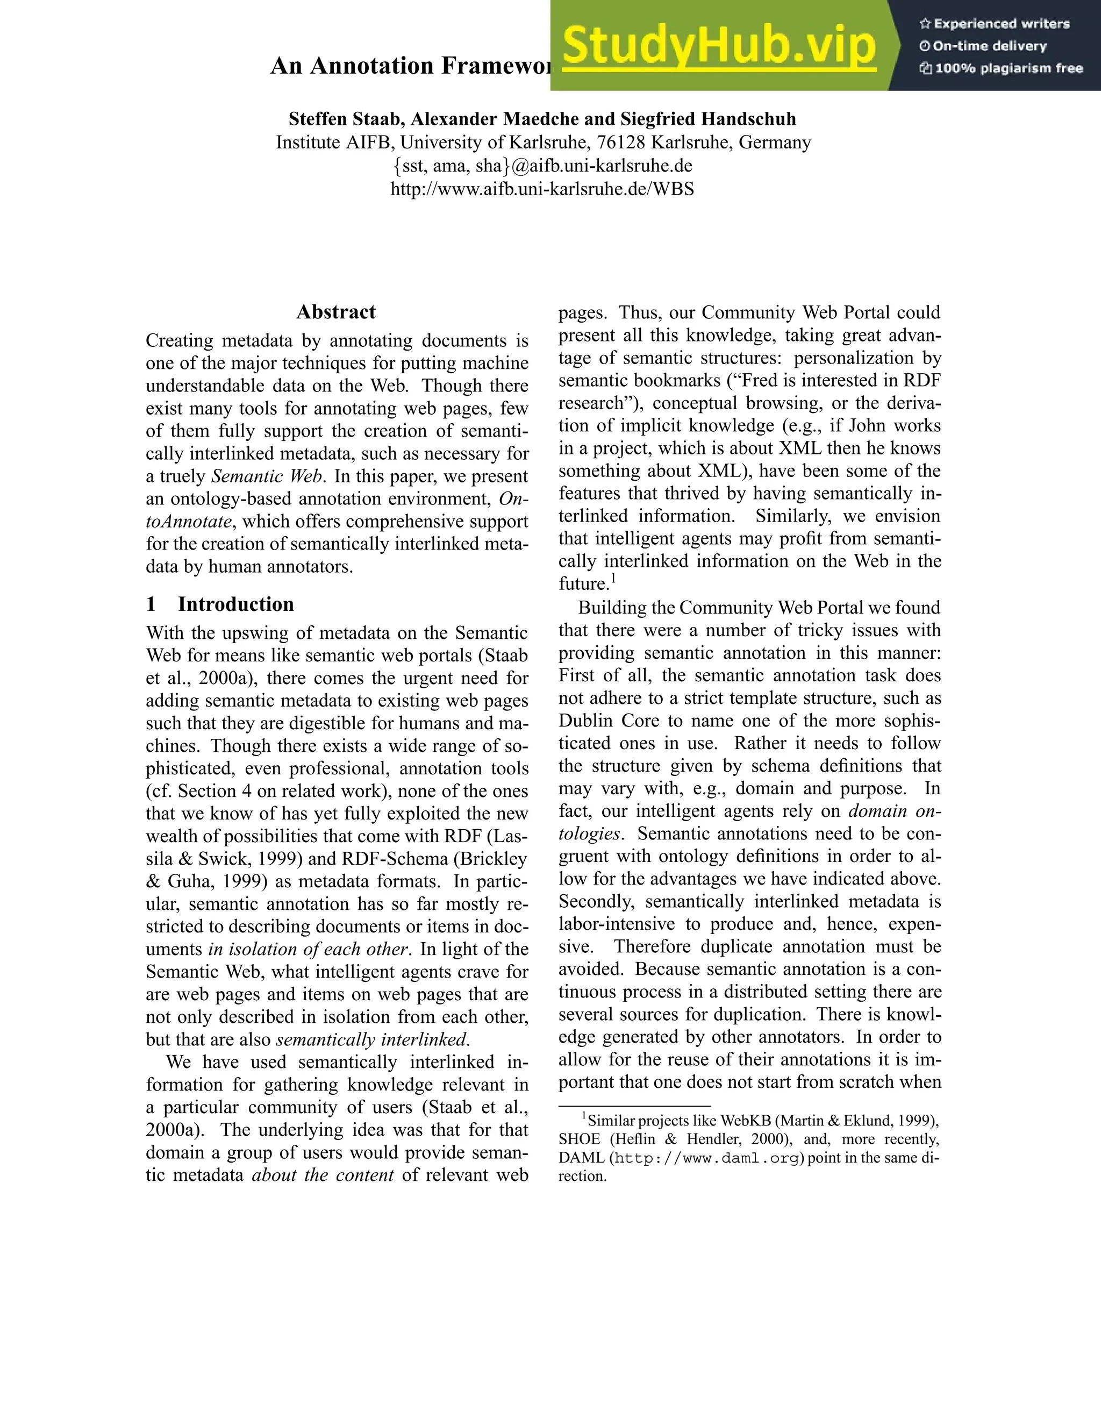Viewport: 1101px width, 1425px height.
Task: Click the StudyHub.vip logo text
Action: tap(718, 46)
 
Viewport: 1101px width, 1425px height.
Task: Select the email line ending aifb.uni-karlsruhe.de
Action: tap(542, 166)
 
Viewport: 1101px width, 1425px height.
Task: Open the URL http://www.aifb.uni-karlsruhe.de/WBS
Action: tap(542, 189)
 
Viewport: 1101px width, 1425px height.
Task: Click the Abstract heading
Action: tap(336, 312)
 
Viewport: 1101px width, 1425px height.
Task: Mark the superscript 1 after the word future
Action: tap(614, 578)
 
